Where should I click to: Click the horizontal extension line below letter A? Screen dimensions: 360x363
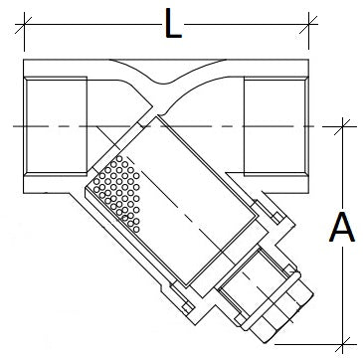[x=318, y=341]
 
